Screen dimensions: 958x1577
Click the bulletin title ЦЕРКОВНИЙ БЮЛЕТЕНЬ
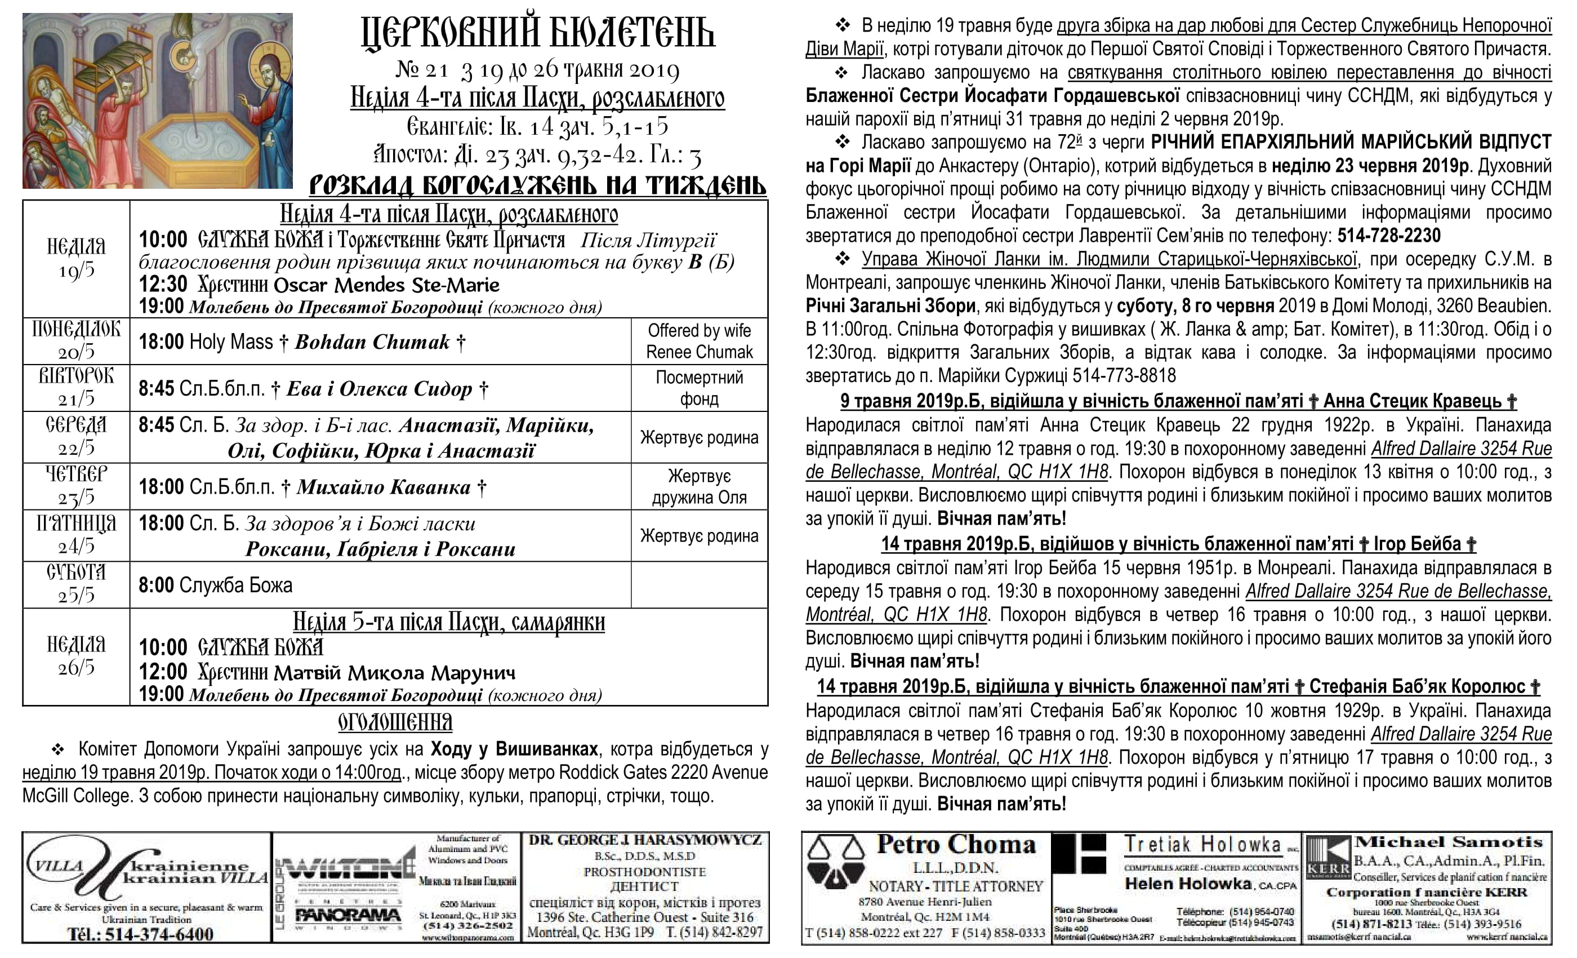coord(538,33)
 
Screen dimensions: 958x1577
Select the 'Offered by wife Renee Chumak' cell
coord(699,341)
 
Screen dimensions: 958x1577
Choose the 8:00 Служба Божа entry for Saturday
coord(216,586)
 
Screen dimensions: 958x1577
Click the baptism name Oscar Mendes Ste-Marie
coord(386,285)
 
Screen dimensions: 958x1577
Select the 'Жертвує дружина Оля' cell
coord(699,487)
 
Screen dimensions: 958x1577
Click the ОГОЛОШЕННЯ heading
coord(395,722)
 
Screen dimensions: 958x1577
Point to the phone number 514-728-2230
coord(1388,236)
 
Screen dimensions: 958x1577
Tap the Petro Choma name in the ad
coord(956,845)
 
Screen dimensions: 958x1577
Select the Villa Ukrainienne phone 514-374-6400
coord(141,934)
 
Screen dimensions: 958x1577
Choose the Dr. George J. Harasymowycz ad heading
coord(645,840)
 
